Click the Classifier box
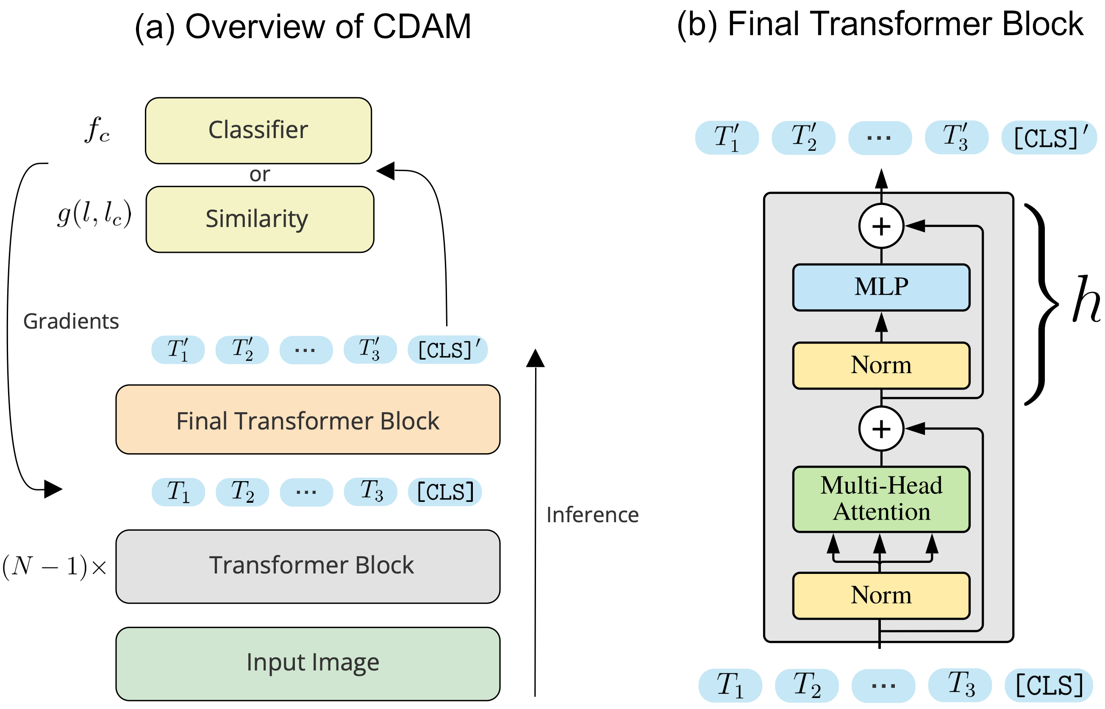[x=258, y=130]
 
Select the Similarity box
[x=260, y=219]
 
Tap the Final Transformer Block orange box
[x=308, y=420]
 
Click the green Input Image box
[x=308, y=663]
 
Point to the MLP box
[x=881, y=287]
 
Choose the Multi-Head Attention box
[x=881, y=499]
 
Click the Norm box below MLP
[x=881, y=366]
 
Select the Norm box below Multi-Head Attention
[x=881, y=596]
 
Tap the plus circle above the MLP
[x=881, y=226]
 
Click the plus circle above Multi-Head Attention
[x=881, y=429]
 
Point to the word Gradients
[x=71, y=321]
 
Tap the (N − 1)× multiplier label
[x=54, y=566]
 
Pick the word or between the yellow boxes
[x=259, y=174]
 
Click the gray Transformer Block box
[x=308, y=566]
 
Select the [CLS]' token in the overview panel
[x=447, y=350]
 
